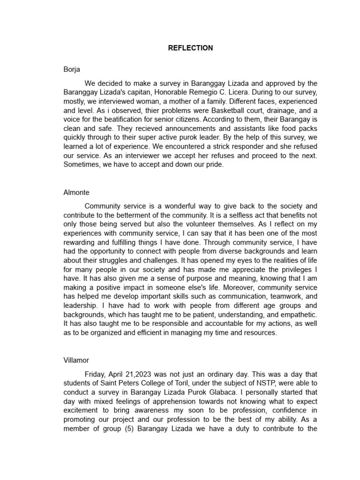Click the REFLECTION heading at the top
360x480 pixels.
(190, 48)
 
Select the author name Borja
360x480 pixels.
(72, 69)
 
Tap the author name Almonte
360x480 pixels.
(76, 192)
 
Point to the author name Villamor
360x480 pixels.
(76, 360)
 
